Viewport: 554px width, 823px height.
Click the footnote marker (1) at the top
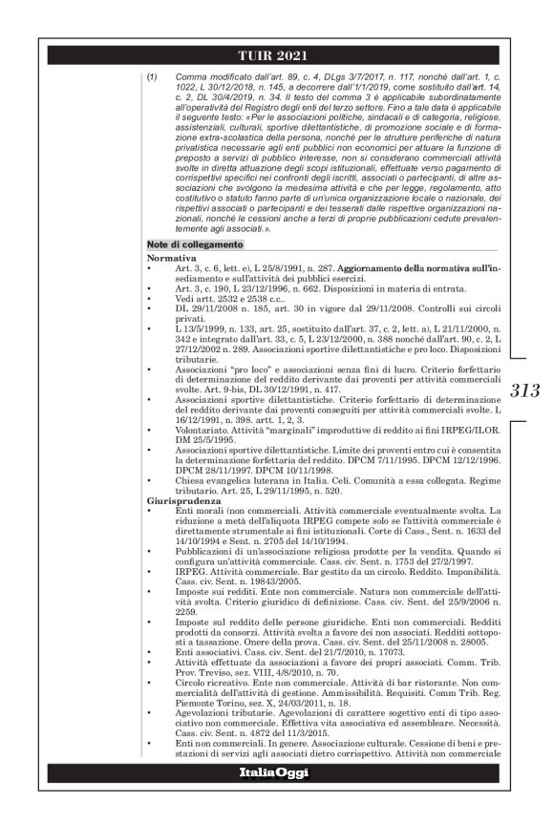pos(152,74)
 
